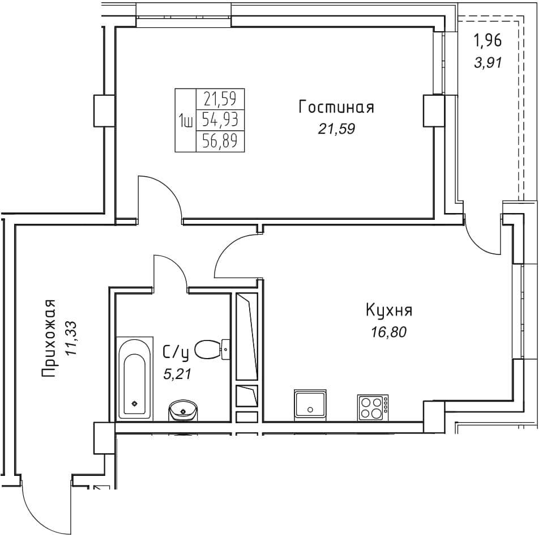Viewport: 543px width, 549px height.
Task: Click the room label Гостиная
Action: point(336,107)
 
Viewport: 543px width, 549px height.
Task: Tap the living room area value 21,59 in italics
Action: point(336,129)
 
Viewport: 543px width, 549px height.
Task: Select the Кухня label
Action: point(389,310)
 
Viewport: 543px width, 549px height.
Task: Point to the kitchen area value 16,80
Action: point(389,332)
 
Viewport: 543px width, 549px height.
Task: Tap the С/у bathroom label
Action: point(176,353)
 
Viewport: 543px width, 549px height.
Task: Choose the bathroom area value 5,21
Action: point(177,374)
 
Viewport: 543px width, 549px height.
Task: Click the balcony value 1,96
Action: point(488,40)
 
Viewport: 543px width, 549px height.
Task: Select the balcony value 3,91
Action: point(488,63)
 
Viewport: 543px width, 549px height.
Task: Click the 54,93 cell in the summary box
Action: point(220,120)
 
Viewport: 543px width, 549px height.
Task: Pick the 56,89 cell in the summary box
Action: point(220,141)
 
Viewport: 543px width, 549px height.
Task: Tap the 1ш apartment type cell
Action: point(185,121)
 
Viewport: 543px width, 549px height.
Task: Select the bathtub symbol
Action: point(134,378)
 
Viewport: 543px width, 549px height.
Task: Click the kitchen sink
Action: point(310,405)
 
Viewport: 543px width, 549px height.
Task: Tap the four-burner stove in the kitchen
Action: point(373,407)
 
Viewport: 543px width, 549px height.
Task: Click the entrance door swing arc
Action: point(33,525)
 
